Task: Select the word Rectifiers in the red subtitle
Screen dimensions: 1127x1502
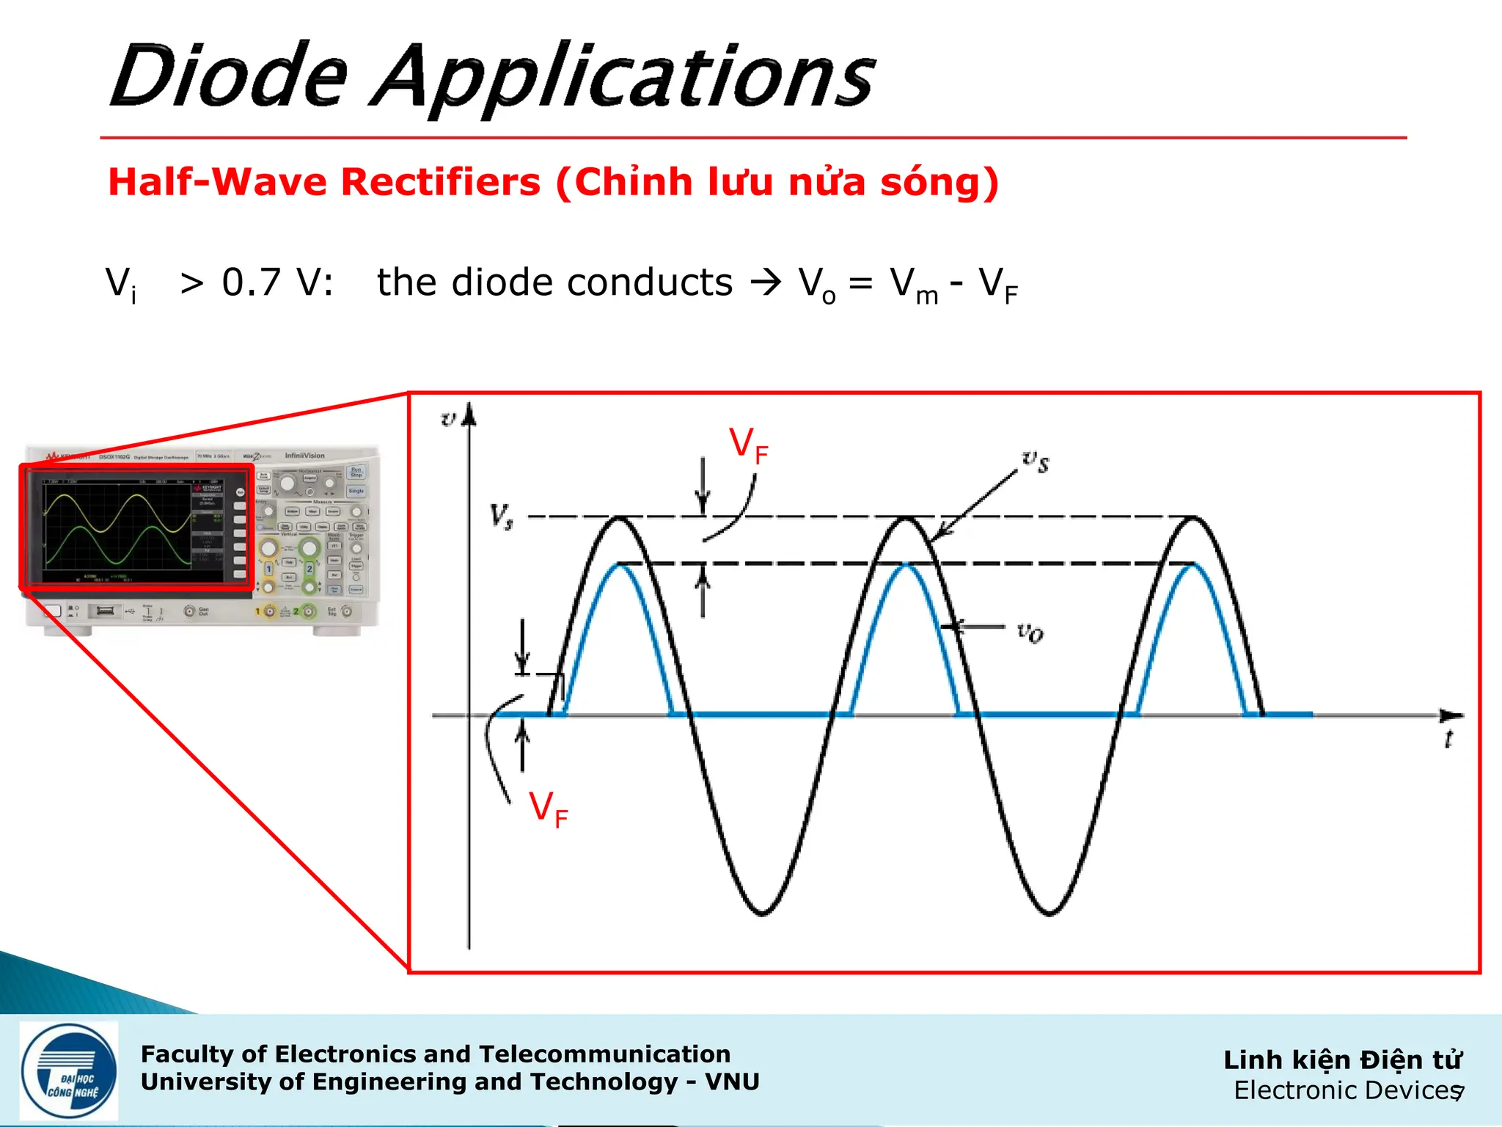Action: (441, 182)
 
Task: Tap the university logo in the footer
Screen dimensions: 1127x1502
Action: (69, 1071)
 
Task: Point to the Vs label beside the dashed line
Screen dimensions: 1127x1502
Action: (502, 517)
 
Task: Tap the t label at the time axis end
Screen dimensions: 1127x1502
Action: (1448, 740)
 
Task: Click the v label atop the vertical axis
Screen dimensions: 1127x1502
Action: (448, 419)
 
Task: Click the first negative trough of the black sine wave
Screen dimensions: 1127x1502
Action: (762, 912)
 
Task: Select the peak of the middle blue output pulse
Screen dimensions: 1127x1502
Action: (906, 565)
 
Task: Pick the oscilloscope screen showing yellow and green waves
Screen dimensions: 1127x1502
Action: (136, 527)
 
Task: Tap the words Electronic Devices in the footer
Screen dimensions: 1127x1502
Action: (1345, 1091)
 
